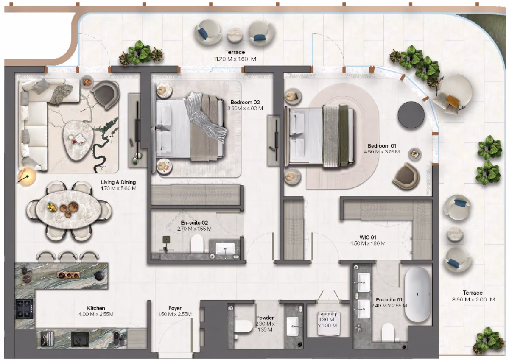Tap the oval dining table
(x=69, y=209)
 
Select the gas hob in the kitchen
(x=25, y=309)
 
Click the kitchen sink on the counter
(x=80, y=340)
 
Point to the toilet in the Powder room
(x=243, y=327)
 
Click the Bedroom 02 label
(x=245, y=103)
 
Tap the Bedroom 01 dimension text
(x=382, y=152)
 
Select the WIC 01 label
(x=368, y=237)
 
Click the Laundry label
(x=327, y=313)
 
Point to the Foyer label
(x=175, y=308)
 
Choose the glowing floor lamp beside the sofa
(x=27, y=177)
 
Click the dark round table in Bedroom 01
(x=411, y=115)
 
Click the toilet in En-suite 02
(x=197, y=243)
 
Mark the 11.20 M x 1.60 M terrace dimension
(x=235, y=59)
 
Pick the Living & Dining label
(x=118, y=182)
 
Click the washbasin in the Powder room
(x=292, y=326)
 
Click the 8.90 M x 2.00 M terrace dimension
(x=473, y=300)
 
